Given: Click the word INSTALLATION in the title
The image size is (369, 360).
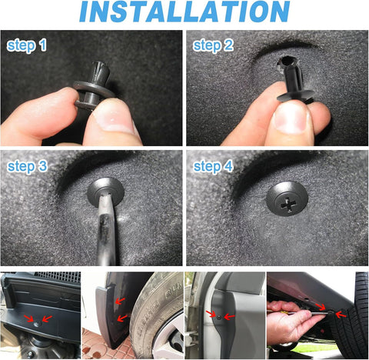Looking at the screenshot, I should point(184,13).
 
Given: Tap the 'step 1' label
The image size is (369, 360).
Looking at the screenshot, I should point(27,46).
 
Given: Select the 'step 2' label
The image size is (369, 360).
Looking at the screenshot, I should point(212,46).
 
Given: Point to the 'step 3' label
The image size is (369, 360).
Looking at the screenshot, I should point(28,166).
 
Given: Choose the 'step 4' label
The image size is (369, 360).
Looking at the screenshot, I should point(212,166).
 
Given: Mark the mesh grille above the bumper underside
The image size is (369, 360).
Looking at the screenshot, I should point(58,276).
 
